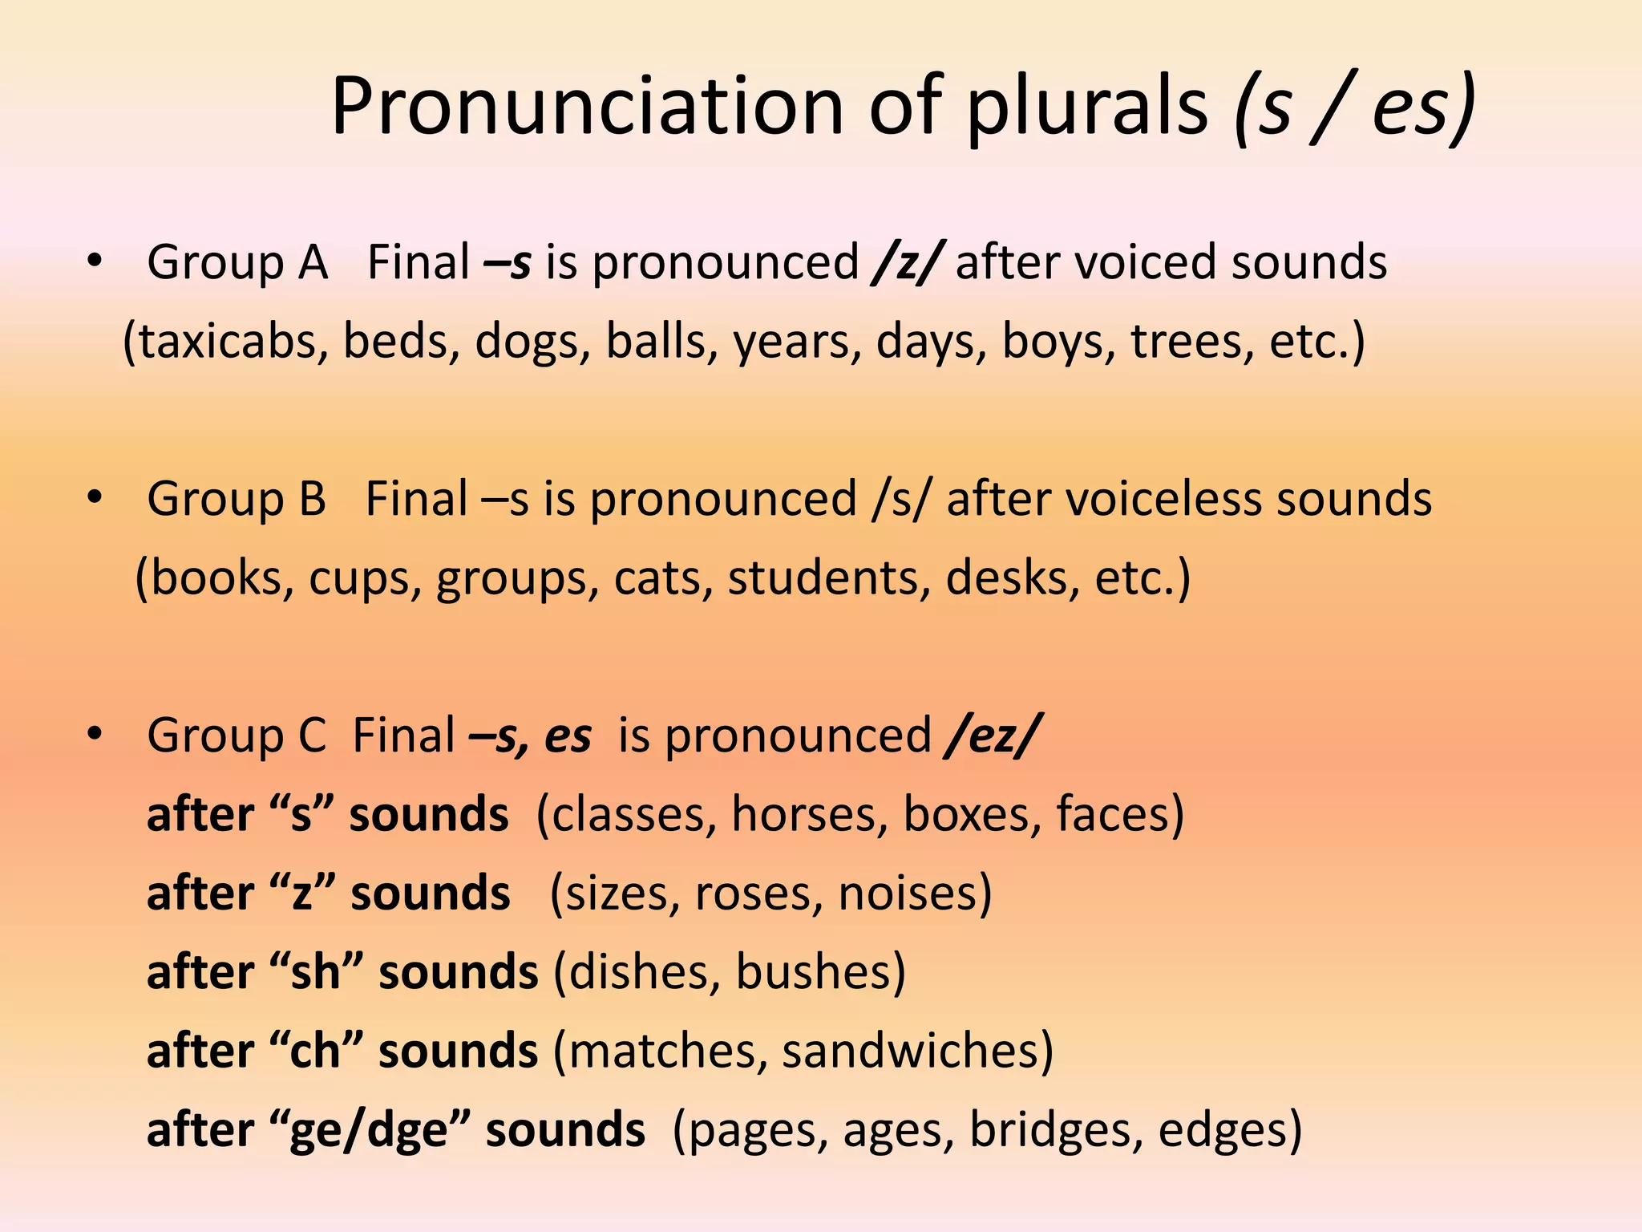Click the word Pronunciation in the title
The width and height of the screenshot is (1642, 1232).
[x=587, y=106]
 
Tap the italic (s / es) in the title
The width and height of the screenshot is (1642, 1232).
[x=1354, y=107]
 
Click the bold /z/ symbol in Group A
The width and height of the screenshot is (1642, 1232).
[x=907, y=262]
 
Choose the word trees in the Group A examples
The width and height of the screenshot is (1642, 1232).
[x=1191, y=342]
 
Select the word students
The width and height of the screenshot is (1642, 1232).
[x=828, y=577]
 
